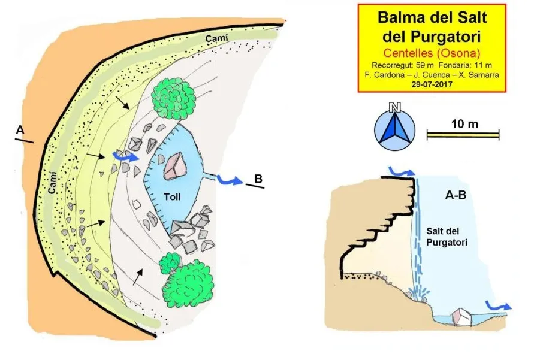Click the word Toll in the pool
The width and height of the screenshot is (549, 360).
(x=172, y=197)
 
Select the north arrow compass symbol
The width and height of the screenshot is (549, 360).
(x=395, y=128)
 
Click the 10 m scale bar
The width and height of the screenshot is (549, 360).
(x=463, y=135)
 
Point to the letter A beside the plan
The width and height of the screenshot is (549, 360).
(x=20, y=130)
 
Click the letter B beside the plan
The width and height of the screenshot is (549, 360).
(x=258, y=179)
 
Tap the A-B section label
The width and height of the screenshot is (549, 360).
(x=456, y=195)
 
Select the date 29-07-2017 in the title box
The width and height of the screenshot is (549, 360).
(x=432, y=84)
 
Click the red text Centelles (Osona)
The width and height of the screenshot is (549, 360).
(x=432, y=53)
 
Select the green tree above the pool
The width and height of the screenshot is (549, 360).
(x=173, y=99)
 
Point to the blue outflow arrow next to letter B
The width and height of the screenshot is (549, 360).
(x=230, y=180)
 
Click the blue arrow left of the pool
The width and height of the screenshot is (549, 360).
(x=125, y=157)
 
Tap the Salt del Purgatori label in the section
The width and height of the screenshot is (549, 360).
(x=447, y=237)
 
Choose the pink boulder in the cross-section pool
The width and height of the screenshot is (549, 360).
(x=461, y=316)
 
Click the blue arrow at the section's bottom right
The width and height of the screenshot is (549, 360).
(x=498, y=305)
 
